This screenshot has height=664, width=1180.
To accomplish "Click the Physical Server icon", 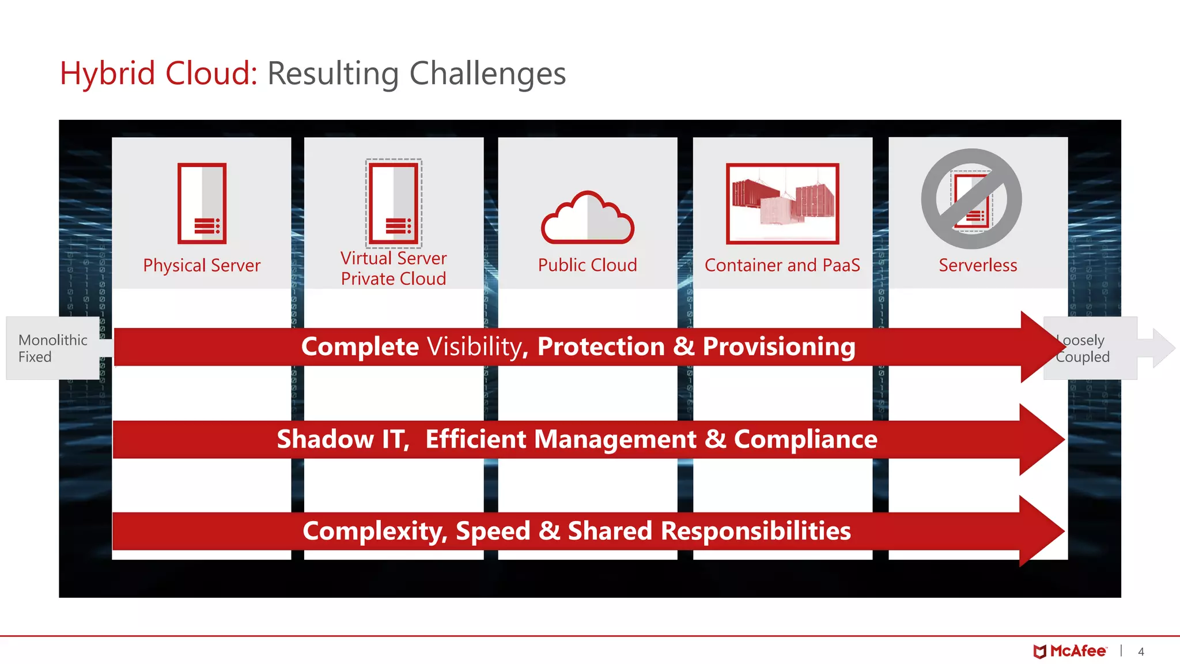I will point(202,203).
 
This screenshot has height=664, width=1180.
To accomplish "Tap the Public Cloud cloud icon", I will point(587,218).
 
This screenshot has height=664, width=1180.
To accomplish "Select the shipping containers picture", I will point(782,203).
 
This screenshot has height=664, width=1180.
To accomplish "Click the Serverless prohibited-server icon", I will point(971,199).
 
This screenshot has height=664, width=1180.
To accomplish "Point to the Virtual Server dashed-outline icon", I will point(394,203).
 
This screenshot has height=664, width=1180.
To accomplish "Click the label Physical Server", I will point(202,266).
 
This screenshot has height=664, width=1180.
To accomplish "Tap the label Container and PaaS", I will point(782,265).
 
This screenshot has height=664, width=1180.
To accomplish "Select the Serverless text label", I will point(978,265).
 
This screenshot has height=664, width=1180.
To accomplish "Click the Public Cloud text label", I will point(587,265).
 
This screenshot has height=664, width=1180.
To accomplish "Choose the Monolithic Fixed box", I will point(52,348).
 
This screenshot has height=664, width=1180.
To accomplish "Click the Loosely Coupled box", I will point(1089,348).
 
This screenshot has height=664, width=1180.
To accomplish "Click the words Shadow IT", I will point(343,439).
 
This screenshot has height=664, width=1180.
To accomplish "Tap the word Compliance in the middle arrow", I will point(805,439).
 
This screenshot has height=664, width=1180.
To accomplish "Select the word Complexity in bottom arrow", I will point(375,531).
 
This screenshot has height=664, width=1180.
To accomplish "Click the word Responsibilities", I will point(755,531).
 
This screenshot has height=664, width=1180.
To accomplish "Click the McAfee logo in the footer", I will point(1069,651).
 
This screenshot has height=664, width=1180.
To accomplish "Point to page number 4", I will point(1141,652).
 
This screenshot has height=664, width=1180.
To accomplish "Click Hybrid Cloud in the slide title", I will point(158,74).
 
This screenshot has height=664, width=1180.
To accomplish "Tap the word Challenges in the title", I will point(487,74).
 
